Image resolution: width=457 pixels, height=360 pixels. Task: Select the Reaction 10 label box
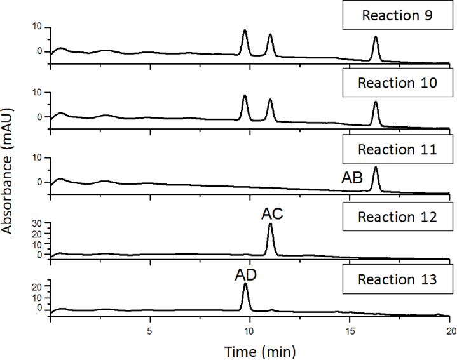(x=396, y=83)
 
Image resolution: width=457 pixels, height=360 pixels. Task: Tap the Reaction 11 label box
(x=396, y=150)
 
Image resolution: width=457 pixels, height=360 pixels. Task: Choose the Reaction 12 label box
(x=396, y=217)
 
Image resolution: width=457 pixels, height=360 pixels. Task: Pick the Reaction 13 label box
(x=396, y=279)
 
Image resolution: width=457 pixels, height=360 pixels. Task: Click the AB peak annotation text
(x=352, y=179)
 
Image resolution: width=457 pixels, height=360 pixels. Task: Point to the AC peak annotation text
(x=272, y=215)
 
